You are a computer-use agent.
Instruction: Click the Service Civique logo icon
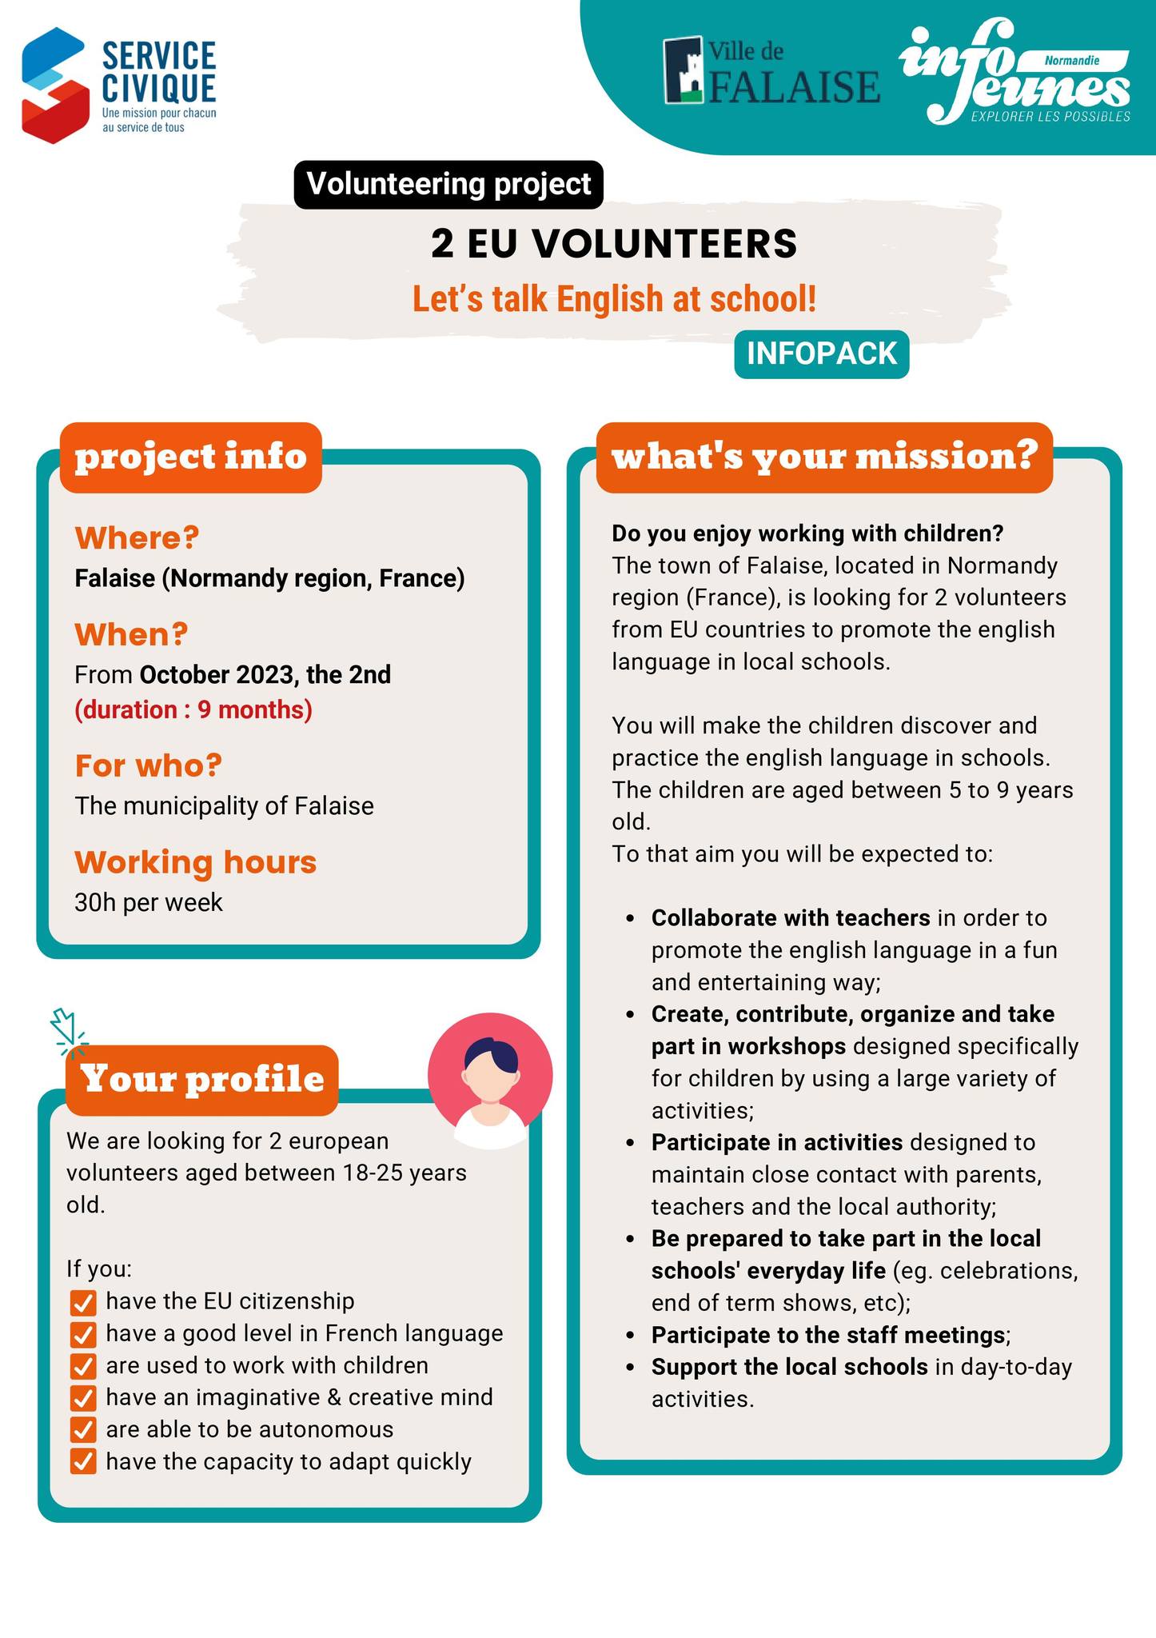tap(54, 86)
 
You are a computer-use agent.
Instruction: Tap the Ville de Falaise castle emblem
tap(684, 70)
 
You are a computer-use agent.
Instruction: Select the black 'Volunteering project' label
tap(448, 185)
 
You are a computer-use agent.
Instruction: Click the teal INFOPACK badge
tap(821, 354)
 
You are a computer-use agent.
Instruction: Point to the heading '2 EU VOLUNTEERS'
tap(614, 244)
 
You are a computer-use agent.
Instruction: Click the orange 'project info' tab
tap(191, 457)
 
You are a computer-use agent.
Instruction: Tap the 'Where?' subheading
tap(137, 537)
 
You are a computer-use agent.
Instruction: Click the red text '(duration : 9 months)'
tap(193, 709)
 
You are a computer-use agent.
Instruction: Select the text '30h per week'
tap(149, 902)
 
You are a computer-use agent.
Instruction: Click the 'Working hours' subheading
tap(196, 862)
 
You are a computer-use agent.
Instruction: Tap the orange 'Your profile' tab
tap(202, 1079)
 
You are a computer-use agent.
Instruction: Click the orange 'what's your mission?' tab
tap(824, 457)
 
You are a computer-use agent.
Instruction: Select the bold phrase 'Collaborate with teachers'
tap(791, 917)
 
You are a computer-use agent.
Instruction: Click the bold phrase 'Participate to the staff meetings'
tap(827, 1335)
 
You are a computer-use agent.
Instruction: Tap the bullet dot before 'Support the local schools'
tap(632, 1368)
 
